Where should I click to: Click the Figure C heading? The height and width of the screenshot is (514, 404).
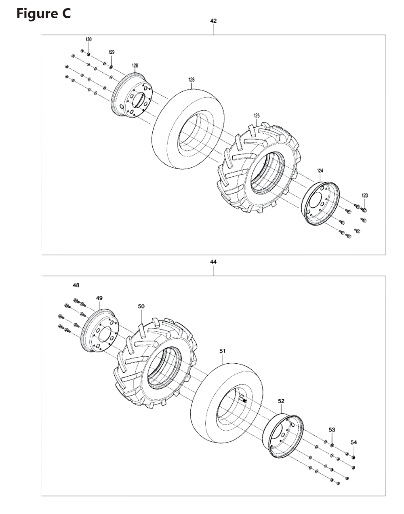click(44, 13)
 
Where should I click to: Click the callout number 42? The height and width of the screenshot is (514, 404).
click(213, 21)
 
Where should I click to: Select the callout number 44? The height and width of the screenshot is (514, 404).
click(213, 262)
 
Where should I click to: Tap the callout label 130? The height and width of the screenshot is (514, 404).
click(88, 39)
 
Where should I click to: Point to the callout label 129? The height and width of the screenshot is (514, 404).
click(111, 52)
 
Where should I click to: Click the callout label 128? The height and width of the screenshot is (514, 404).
click(135, 65)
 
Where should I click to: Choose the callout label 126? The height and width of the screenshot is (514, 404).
click(191, 80)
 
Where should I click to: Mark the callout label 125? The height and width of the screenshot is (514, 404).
click(257, 116)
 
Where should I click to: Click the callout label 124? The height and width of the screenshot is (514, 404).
click(320, 171)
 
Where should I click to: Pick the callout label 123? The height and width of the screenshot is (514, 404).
click(364, 196)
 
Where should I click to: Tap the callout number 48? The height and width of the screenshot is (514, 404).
click(76, 285)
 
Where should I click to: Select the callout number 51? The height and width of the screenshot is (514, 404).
click(223, 352)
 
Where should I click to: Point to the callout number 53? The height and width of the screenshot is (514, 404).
click(332, 430)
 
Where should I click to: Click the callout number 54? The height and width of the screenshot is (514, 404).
click(353, 442)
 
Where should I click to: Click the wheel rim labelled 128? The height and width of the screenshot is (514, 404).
click(132, 96)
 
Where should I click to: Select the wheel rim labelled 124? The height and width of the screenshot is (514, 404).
click(321, 203)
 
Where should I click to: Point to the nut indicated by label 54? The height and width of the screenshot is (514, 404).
click(353, 457)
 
